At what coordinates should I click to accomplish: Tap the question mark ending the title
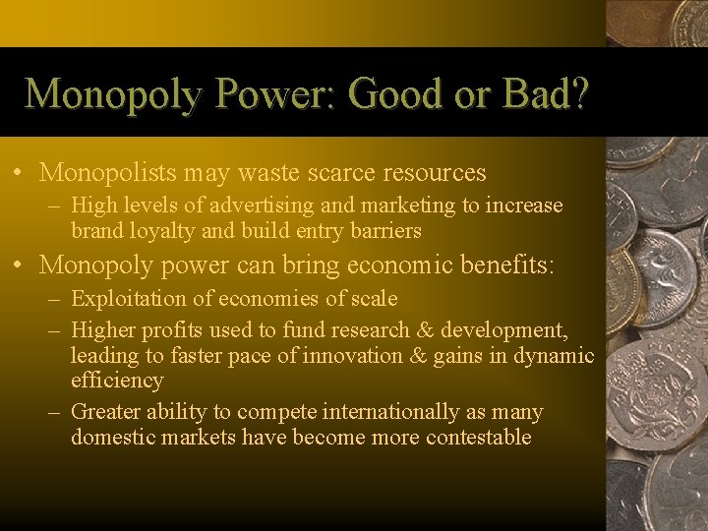click(578, 94)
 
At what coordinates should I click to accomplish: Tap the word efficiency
click(117, 380)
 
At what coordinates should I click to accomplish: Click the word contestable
click(479, 437)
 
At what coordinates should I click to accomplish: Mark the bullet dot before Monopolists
click(20, 174)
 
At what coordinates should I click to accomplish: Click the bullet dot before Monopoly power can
click(20, 265)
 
